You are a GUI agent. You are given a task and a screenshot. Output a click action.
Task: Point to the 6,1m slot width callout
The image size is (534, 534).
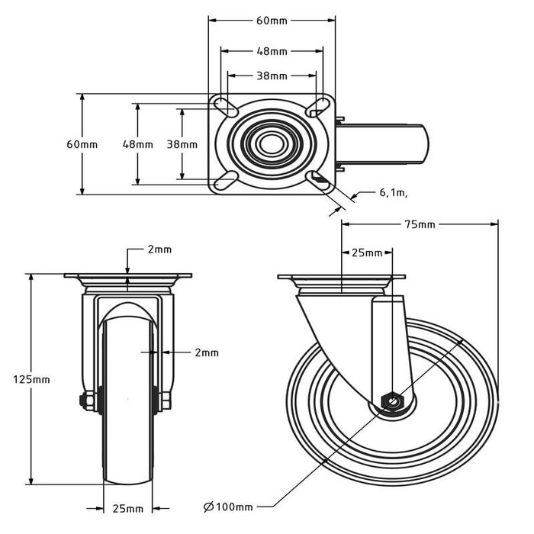pyautogui.click(x=393, y=193)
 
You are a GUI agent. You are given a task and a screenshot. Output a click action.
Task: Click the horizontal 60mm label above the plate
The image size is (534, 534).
pyautogui.click(x=272, y=21)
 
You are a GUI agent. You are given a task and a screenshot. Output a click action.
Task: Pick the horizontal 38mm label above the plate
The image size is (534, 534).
pyautogui.click(x=272, y=76)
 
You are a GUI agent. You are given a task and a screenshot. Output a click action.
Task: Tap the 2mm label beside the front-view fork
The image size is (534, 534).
pyautogui.click(x=206, y=352)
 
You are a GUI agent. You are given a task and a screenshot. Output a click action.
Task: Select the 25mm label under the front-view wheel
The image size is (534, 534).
pyautogui.click(x=127, y=509)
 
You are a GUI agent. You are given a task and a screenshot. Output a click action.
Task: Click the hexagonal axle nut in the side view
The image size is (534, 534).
pyautogui.click(x=391, y=400)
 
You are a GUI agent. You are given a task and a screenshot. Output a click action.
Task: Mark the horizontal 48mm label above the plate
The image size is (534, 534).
pyautogui.click(x=272, y=51)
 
